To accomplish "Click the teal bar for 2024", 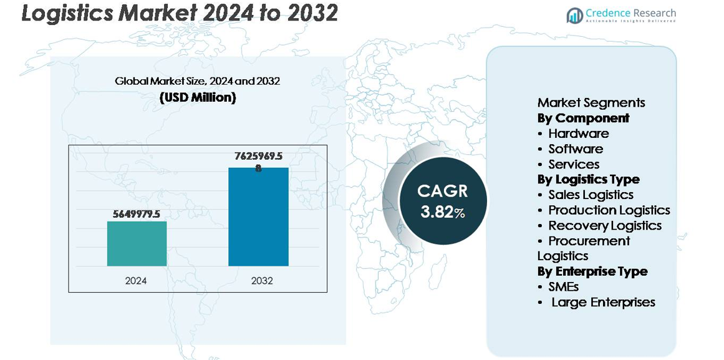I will tap(137, 243).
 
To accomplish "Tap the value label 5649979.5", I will tap(137, 214).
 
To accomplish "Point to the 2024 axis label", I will tap(136, 281).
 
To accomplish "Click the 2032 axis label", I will tap(262, 281).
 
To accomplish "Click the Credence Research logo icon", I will tap(574, 15).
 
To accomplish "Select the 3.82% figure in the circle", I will tap(442, 212).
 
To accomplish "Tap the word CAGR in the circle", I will tap(442, 191).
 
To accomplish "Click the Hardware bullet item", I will tap(578, 134).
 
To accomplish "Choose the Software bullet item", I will tap(576, 149).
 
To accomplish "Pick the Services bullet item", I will tap(574, 164).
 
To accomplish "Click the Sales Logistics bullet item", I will tap(591, 195).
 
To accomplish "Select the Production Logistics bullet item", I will tap(609, 210).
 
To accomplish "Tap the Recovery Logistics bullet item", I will tap(605, 225).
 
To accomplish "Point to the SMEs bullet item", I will tap(564, 287).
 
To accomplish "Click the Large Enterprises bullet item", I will tap(603, 302).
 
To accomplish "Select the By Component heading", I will tap(583, 118).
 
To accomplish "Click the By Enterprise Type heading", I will tap(592, 271).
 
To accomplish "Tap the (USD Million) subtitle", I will tap(198, 98).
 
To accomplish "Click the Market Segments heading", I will tap(591, 103).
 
